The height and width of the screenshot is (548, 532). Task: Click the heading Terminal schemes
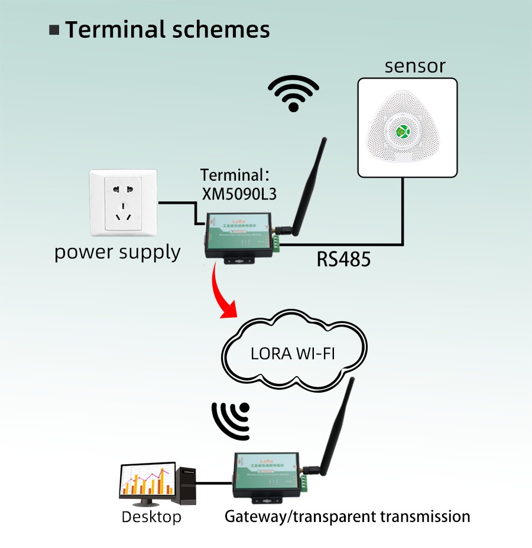[x=167, y=30]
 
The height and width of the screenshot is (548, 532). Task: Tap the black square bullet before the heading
[x=55, y=30]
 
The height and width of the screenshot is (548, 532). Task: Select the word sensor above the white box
[x=415, y=66]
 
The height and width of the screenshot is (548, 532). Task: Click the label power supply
[x=117, y=252]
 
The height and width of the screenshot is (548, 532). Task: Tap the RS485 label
[x=343, y=259]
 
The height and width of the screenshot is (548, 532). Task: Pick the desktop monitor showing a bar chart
[x=148, y=482]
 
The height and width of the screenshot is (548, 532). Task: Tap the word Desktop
[x=151, y=517]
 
